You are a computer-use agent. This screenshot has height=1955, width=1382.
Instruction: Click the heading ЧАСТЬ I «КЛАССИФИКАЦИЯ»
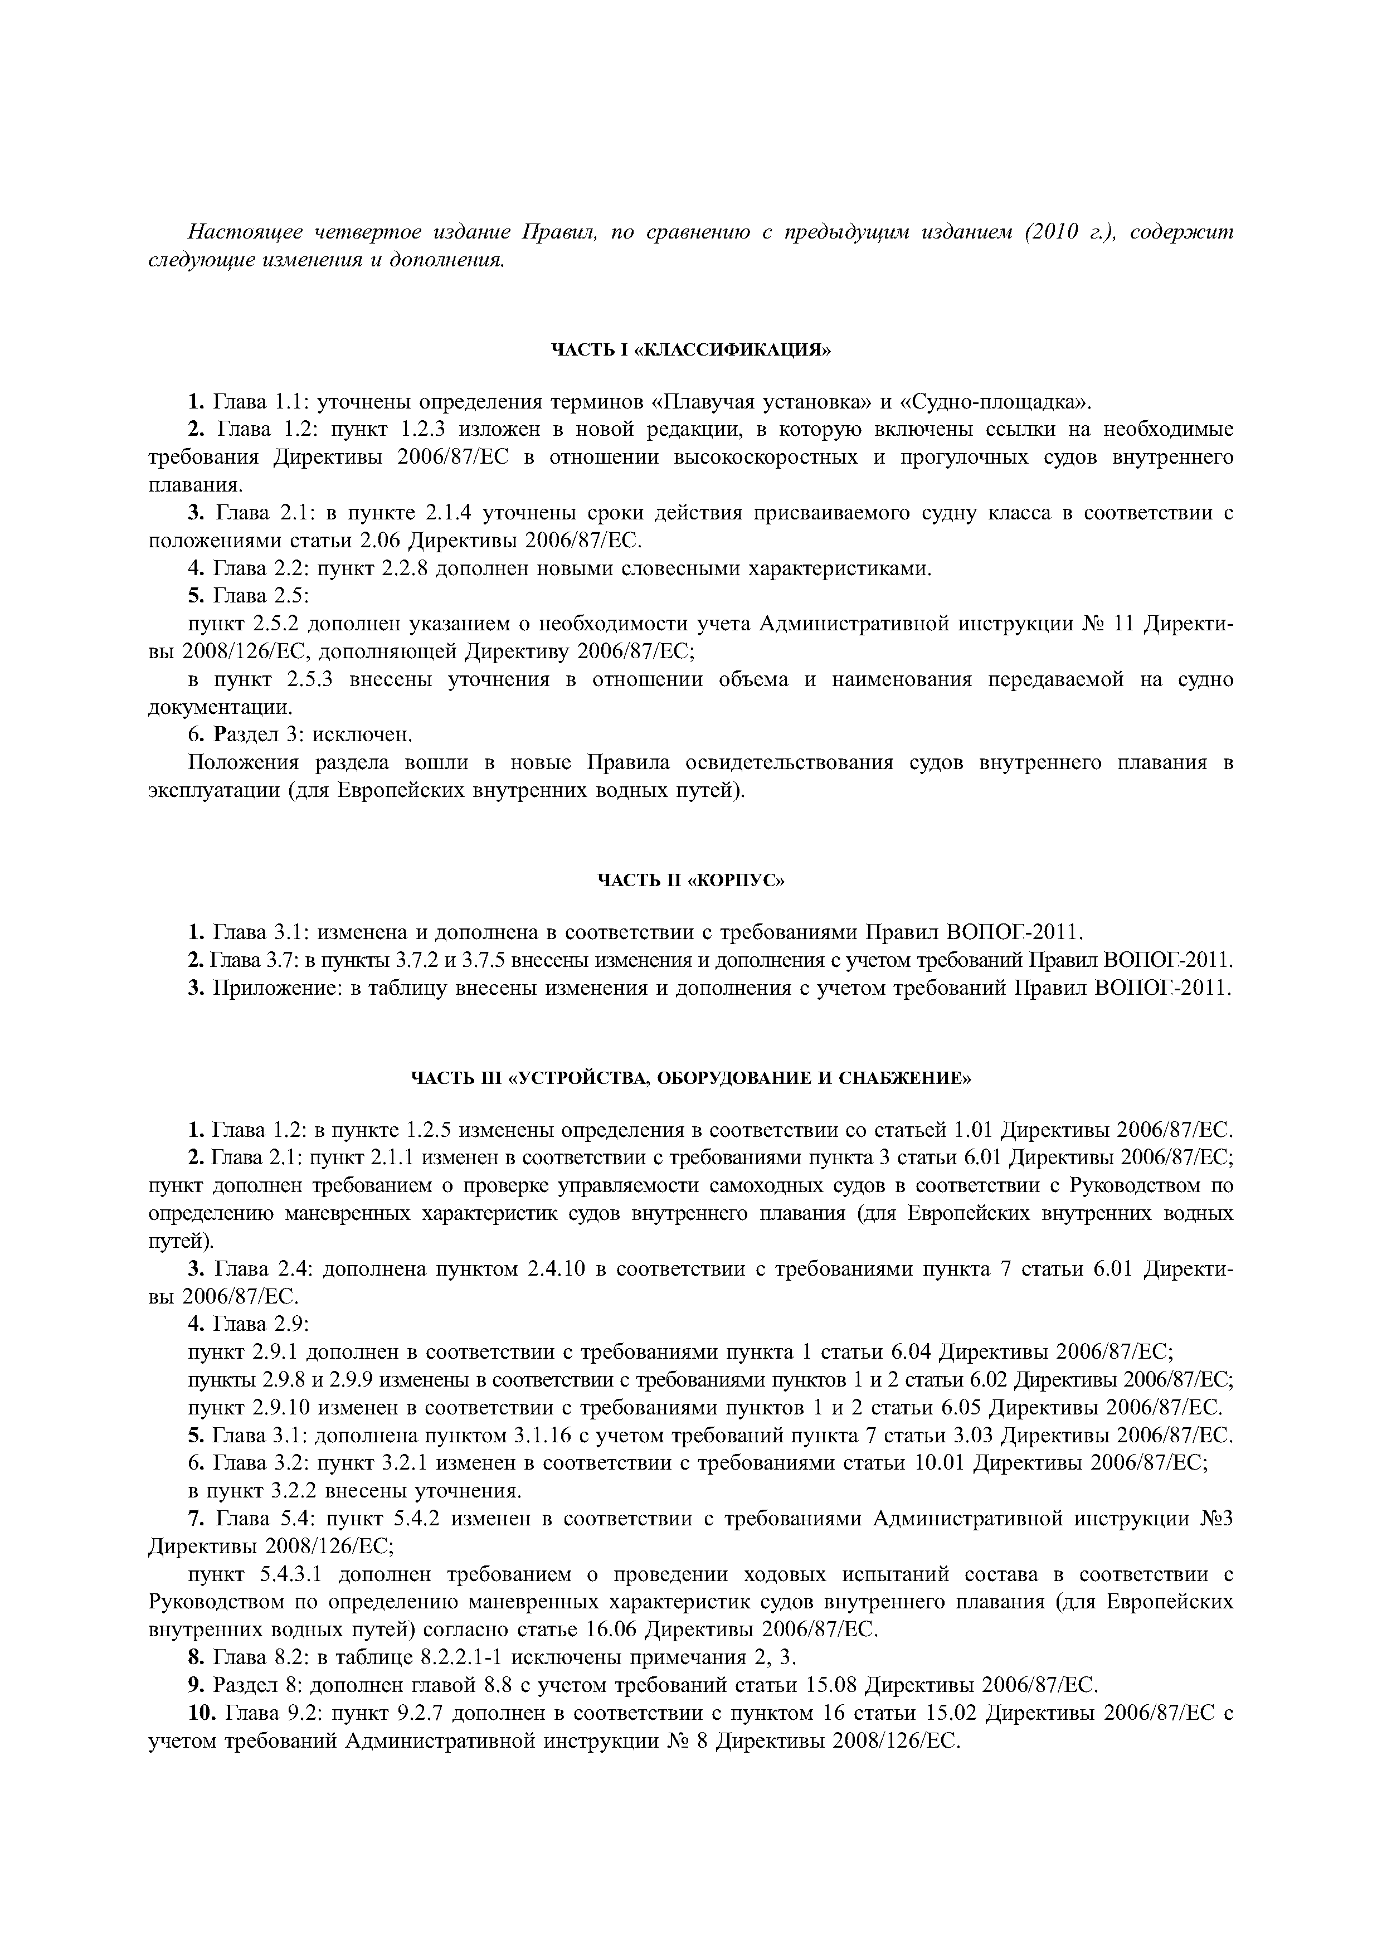click(690, 350)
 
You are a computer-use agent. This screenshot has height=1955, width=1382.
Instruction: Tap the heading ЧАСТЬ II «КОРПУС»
click(690, 881)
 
